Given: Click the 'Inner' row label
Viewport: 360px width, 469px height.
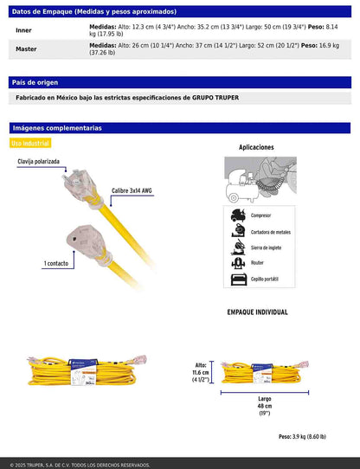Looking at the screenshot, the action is (x=23, y=29).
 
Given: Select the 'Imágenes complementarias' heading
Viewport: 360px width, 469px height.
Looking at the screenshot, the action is (x=56, y=127).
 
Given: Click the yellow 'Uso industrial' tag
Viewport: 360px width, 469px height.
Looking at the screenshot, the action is (x=30, y=143).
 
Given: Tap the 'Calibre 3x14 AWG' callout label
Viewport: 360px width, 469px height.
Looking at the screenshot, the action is (x=132, y=190).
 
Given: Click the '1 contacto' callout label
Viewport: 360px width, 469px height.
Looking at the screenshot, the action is (x=33, y=262).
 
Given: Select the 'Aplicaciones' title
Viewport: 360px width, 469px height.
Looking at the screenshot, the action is (x=256, y=148).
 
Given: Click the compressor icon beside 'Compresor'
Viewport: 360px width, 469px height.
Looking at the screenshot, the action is (x=237, y=215).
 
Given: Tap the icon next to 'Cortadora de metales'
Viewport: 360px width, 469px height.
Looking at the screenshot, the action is (x=237, y=232).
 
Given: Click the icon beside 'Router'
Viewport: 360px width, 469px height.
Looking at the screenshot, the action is (x=237, y=264).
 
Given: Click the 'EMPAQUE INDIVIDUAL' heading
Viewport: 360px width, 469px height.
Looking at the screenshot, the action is (x=257, y=312).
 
